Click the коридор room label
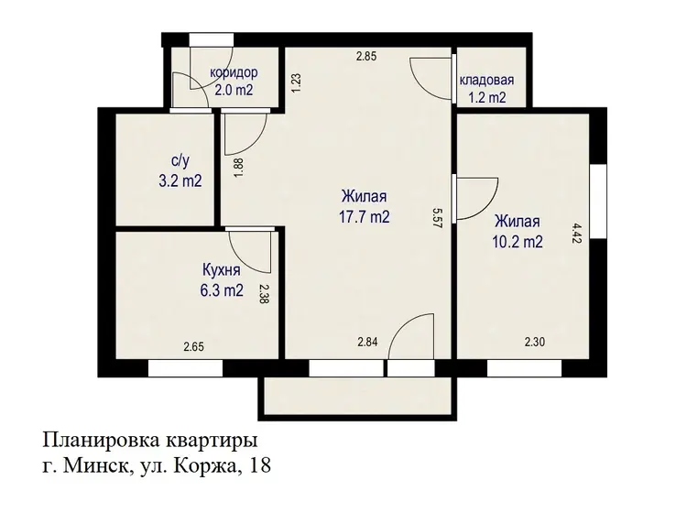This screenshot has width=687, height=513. click(234, 72)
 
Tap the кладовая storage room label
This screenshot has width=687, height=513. click(486, 81)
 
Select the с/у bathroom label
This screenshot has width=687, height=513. click(180, 161)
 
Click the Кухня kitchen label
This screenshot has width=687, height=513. click(222, 269)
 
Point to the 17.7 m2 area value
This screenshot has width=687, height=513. click(364, 216)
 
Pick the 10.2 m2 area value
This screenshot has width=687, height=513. click(518, 242)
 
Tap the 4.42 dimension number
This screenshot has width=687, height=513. click(577, 233)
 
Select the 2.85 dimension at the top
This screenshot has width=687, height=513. click(365, 56)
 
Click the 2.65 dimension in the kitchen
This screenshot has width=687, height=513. click(193, 347)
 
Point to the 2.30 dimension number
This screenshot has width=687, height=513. click(535, 342)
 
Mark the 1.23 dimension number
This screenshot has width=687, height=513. click(296, 82)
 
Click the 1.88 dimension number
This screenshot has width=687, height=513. click(239, 168)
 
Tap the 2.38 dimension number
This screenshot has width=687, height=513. click(264, 294)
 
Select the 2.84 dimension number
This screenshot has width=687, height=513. click(367, 342)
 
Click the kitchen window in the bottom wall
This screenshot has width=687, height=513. click(185, 368)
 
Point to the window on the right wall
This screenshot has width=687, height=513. click(597, 202)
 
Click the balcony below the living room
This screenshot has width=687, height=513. click(357, 396)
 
